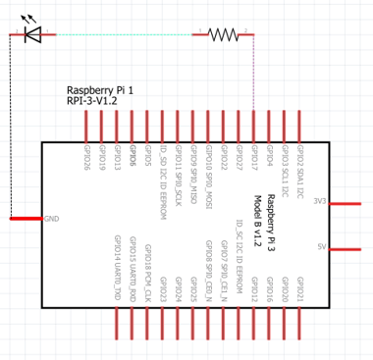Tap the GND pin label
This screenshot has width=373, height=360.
coord(51,218)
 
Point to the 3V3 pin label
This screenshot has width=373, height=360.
coord(319,201)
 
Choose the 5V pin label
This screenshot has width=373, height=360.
coord(321,247)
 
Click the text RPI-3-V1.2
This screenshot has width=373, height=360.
coord(92,100)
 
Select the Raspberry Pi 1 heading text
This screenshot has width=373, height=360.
coord(99,88)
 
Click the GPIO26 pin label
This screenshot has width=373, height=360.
coord(86,158)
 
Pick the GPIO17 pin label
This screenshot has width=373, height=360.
coord(253,158)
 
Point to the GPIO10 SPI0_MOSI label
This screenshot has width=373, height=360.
coord(208,173)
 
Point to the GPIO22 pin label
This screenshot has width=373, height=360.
coord(223,158)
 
